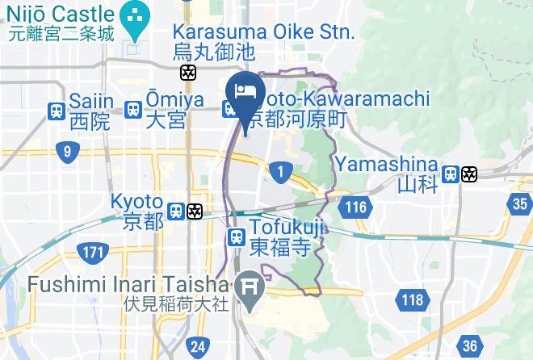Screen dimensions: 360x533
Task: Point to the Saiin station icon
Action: [57, 111]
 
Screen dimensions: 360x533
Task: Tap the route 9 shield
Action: [68, 152]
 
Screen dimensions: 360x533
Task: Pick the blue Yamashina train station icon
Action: [451, 174]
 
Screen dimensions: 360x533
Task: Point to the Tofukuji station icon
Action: [236, 237]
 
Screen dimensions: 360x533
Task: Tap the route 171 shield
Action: [94, 253]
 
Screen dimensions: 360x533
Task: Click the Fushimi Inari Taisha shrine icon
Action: [250, 286]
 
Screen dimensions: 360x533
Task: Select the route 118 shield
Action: [410, 301]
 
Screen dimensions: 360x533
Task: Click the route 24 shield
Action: [196, 347]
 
